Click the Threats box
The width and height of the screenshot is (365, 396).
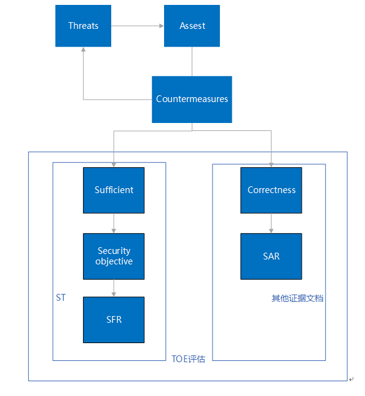pos(83,26)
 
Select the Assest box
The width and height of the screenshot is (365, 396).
pos(192,26)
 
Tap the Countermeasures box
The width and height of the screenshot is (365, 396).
pos(192,99)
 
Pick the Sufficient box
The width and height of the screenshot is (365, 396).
pos(114,190)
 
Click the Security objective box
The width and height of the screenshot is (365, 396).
pos(114,256)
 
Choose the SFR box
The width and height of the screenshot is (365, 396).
pos(114,320)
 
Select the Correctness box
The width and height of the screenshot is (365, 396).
pos(271,190)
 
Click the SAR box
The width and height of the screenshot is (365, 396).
pos(271,256)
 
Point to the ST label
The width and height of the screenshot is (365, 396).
pos(61,298)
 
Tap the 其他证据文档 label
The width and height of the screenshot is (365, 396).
pos(297,298)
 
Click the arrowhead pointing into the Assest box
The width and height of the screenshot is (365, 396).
pos(161,26)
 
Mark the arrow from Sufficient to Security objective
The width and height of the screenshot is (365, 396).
pos(114,223)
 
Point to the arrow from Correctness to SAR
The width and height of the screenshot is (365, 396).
pos(271,223)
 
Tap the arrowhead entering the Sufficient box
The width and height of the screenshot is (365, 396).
pos(114,164)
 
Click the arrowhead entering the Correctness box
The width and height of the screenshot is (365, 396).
pos(271,164)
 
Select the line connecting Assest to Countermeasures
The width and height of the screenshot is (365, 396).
pos(192,61)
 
